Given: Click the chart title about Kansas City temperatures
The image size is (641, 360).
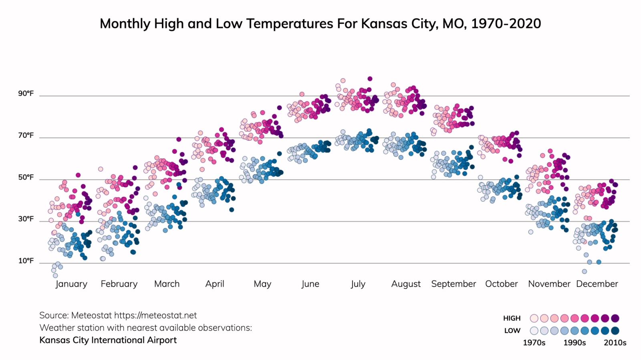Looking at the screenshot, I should tap(320, 24).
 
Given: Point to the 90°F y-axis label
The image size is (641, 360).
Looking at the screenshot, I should tap(26, 94).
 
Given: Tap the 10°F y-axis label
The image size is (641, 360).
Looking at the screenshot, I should tap(26, 261).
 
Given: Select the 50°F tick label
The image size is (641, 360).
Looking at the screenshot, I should tap(26, 177).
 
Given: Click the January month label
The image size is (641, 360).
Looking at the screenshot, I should tap(71, 284).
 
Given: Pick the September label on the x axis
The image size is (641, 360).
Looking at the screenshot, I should tap(454, 284).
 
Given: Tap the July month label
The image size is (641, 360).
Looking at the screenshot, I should tap(358, 284).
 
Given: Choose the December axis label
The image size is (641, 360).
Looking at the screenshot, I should tap(597, 284).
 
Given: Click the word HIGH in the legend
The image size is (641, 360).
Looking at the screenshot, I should tap(512, 318).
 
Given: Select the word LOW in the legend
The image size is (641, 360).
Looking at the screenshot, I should tap(512, 331).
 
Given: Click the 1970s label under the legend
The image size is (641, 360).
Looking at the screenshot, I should tap(534, 343).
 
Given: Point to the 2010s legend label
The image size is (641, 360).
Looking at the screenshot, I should tap(615, 343).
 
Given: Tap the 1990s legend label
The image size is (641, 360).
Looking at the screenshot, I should tap(574, 343).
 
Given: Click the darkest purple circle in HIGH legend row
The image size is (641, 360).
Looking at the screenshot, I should tap(615, 318).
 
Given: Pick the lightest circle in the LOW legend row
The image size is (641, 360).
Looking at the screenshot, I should tap(534, 331).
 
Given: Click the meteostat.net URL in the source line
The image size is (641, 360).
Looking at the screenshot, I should tap(155, 316).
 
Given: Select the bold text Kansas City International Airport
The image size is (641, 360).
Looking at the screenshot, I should tap(108, 340).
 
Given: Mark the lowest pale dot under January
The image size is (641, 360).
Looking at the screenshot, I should tap(55, 275).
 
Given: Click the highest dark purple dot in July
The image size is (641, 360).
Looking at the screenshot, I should tap(370, 79).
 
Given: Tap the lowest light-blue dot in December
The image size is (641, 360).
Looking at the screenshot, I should tap(585, 271).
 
